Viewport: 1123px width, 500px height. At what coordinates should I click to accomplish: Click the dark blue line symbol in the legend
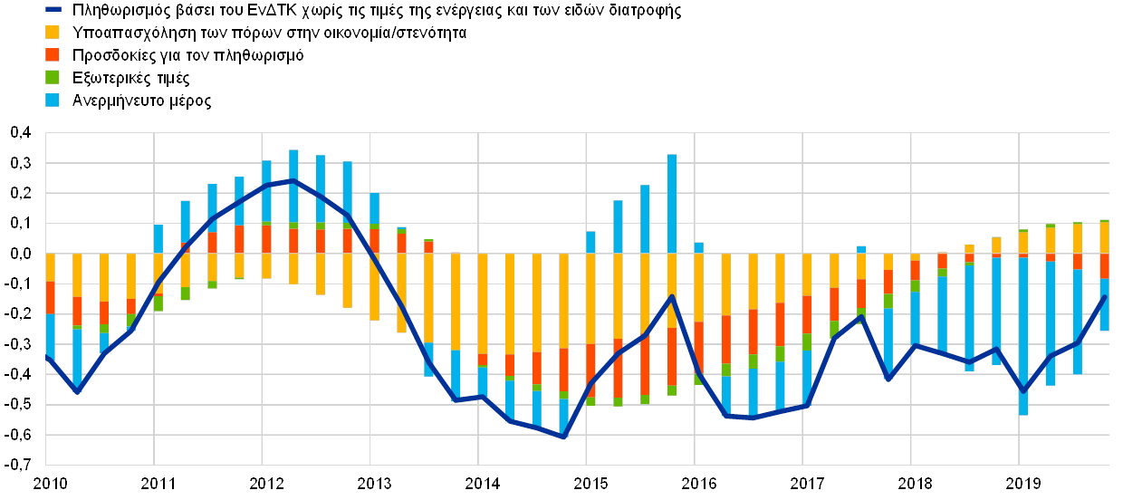point(53,11)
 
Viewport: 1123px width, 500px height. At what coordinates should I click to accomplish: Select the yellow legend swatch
point(53,33)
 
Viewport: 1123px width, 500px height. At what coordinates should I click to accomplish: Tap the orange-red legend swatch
point(53,55)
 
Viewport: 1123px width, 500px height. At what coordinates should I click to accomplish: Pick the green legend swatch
point(53,78)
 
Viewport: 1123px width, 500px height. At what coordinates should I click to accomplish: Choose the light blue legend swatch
point(53,101)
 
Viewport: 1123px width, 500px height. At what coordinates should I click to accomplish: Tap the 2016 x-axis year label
point(697,482)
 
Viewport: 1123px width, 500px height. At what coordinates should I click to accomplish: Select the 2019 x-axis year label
point(1022,482)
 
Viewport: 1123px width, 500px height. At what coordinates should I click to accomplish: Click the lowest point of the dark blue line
point(563,437)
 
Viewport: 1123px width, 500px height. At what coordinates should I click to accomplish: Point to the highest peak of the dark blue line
point(293,180)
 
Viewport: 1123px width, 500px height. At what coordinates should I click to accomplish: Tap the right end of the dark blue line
point(1105,297)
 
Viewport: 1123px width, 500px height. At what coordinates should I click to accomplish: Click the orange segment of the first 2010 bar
point(50,297)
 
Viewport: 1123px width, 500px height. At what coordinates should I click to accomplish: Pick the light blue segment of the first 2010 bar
point(50,335)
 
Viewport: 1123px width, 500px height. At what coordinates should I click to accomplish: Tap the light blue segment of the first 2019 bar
point(1023,335)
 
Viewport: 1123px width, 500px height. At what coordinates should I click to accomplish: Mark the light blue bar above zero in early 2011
point(158,238)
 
